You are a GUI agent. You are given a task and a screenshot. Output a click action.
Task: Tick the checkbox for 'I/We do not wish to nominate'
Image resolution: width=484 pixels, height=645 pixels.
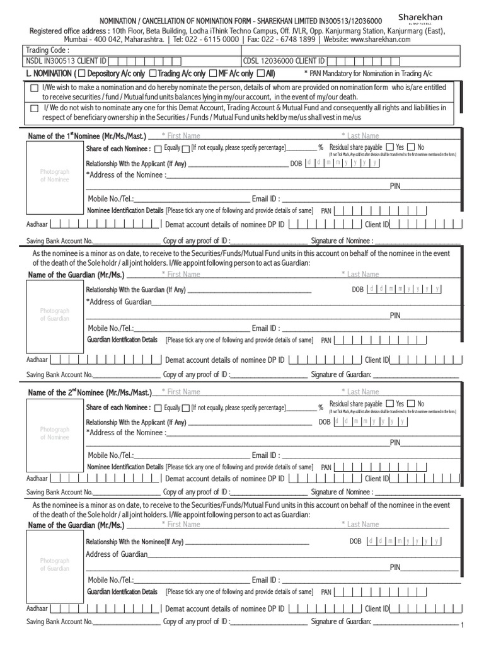(x=34, y=108)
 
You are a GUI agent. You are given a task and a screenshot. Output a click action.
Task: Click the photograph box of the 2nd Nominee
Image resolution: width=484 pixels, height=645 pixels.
(x=54, y=433)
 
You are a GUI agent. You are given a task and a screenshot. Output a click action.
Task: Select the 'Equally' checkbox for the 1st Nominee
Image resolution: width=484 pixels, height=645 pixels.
(x=158, y=149)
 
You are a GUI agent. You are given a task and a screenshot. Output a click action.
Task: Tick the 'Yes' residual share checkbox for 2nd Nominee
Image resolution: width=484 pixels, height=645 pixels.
(x=390, y=404)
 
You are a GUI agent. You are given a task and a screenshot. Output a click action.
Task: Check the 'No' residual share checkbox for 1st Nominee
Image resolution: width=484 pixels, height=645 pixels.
(x=411, y=147)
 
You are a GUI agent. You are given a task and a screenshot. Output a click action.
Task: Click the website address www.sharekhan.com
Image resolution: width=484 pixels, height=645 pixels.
(x=377, y=39)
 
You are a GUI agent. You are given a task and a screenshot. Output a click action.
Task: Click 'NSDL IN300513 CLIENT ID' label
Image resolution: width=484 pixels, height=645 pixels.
(x=66, y=61)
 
